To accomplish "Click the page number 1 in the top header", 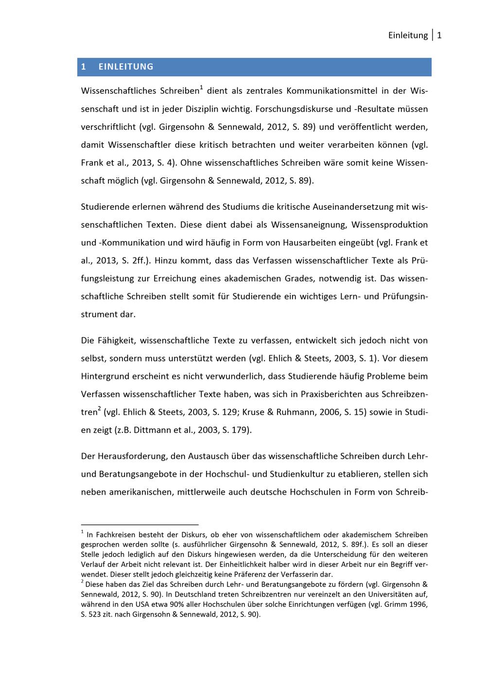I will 439,35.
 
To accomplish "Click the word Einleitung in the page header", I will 408,35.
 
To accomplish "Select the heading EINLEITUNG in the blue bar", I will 126,67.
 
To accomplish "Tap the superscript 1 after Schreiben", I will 202,87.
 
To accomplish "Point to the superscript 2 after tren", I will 99,409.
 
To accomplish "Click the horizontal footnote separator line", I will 140,525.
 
